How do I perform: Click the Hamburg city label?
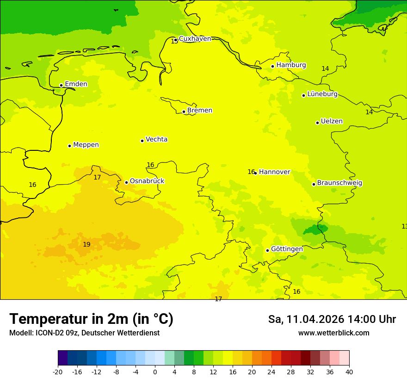click(291, 65)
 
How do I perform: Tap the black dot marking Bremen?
click(184, 111)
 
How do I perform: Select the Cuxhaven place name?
click(195, 39)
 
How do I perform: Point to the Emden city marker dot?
click(61, 85)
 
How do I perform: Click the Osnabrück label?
click(147, 181)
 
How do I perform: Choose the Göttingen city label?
click(287, 249)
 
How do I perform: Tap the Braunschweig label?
click(339, 183)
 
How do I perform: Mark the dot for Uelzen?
click(317, 123)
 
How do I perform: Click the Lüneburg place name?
click(322, 94)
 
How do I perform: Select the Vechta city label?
click(156, 140)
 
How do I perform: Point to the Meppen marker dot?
click(69, 146)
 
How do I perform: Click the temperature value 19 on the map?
click(86, 245)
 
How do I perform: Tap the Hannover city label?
click(274, 172)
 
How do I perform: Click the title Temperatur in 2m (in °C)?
click(91, 319)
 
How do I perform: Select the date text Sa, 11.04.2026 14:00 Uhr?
click(332, 319)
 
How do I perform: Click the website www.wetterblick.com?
click(333, 333)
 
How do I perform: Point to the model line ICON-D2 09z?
click(84, 333)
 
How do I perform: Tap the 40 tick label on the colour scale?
click(349, 372)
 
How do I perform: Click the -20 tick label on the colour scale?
click(58, 372)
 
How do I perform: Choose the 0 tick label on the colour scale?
click(155, 372)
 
